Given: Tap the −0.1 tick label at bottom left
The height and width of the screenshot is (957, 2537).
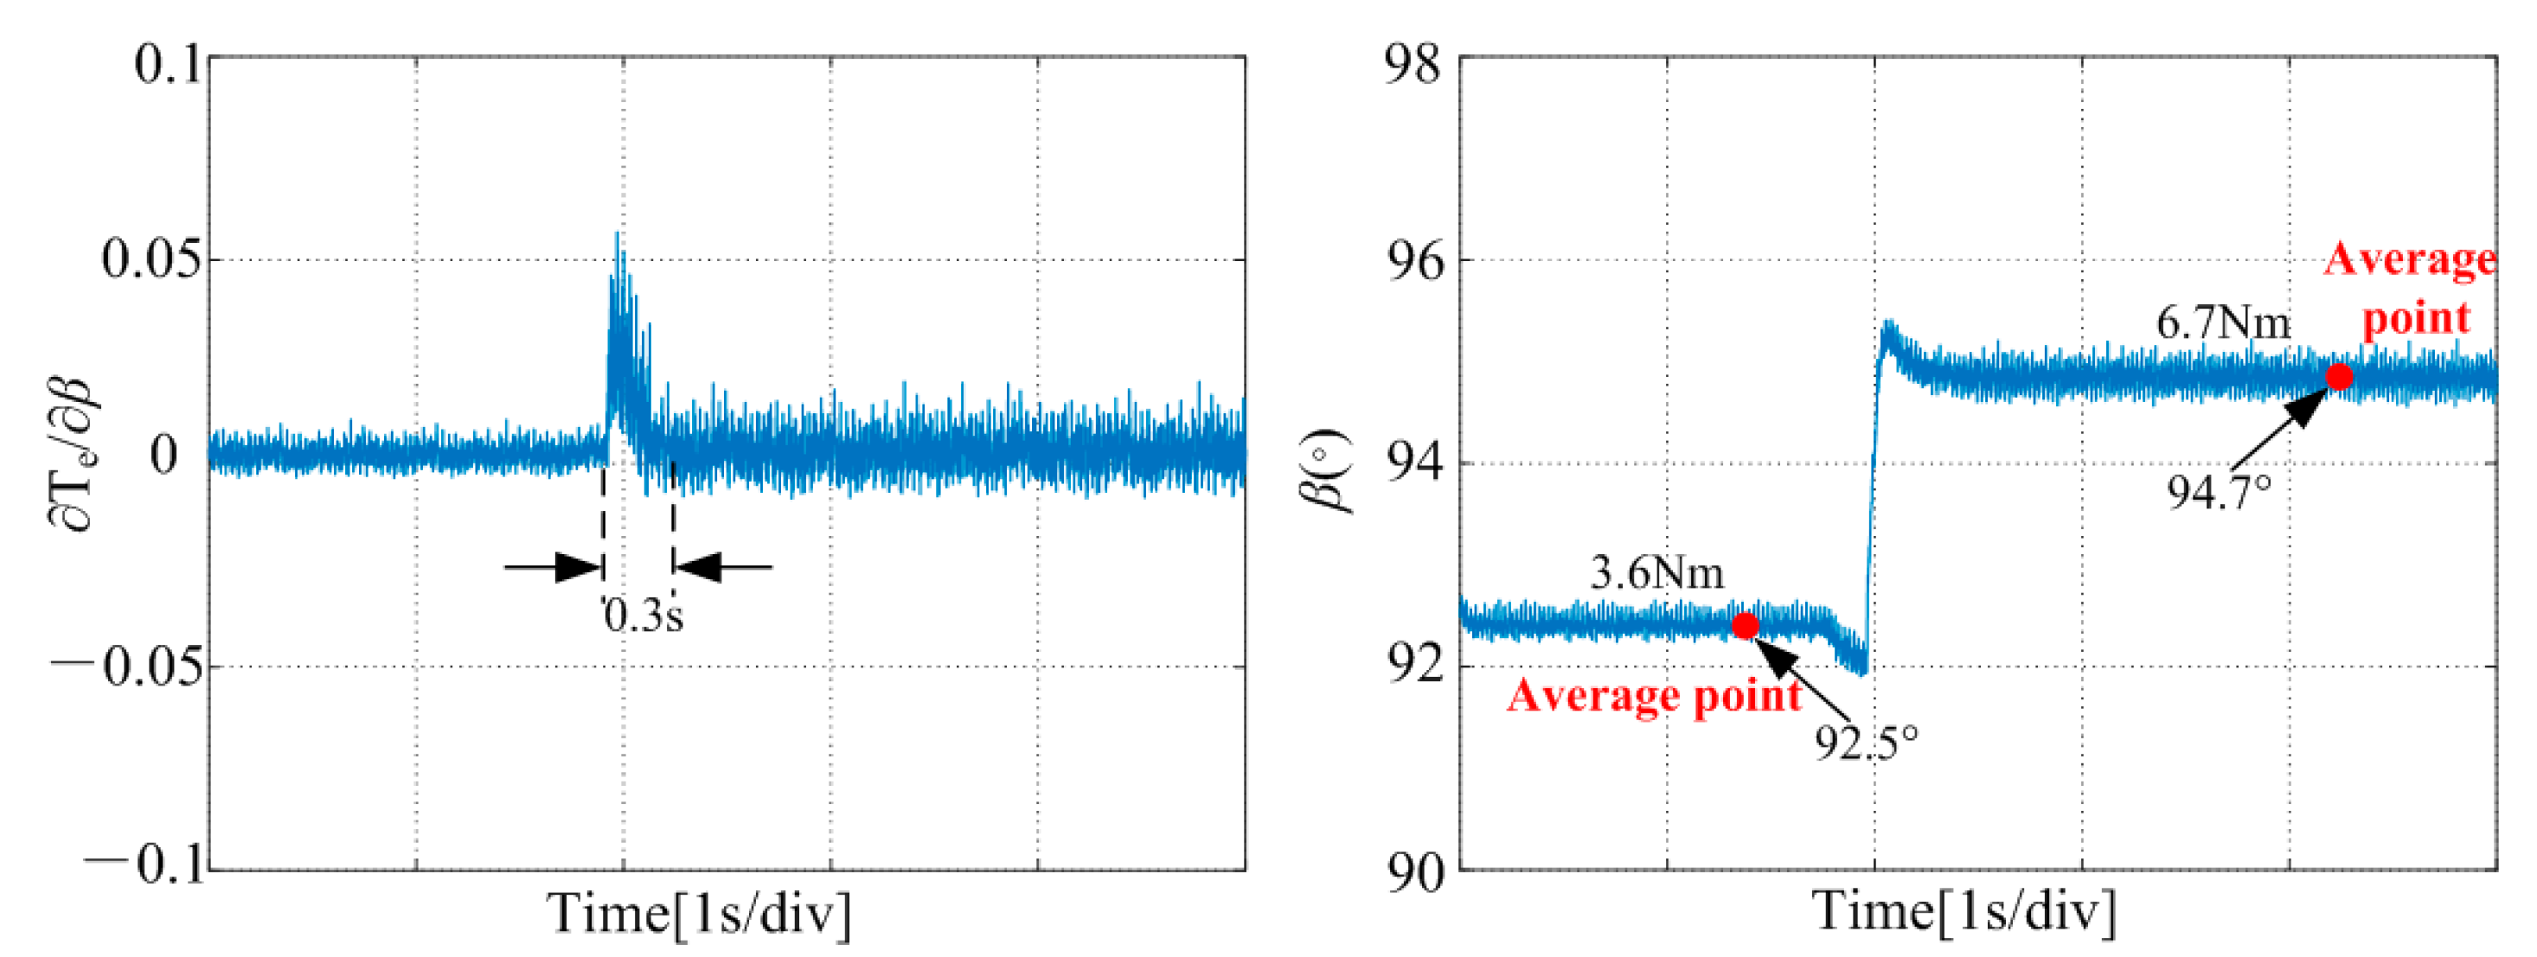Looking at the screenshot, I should tap(144, 866).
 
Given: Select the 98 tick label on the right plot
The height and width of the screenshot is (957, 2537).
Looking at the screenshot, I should tap(1413, 66).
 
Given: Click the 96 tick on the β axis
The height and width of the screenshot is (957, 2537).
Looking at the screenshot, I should tap(1413, 262).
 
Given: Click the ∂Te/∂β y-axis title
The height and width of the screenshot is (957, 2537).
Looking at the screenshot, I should tap(74, 455).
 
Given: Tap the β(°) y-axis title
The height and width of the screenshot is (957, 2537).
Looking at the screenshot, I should tap(1329, 473).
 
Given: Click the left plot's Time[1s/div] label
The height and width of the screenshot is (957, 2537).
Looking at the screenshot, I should tap(698, 914).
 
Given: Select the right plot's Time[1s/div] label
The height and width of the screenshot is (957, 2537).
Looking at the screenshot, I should tap(1964, 912).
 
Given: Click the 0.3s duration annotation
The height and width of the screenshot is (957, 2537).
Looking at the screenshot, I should tap(643, 616).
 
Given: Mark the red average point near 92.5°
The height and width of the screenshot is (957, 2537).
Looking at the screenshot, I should tap(1746, 625).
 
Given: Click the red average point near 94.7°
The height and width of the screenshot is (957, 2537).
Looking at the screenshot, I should tap(2340, 377).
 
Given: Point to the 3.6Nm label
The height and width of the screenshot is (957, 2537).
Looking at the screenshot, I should tap(1656, 573).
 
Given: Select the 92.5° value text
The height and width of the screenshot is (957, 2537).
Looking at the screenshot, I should tap(1867, 743).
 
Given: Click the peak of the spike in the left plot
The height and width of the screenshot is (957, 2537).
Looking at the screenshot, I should tap(618, 234).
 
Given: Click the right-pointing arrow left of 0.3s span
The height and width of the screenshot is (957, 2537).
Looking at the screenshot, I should tap(554, 567).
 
